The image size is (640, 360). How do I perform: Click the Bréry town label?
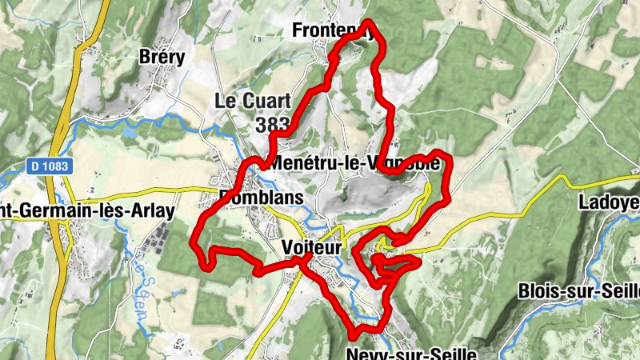click(x=162, y=57)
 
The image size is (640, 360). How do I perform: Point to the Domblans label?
click(x=262, y=198)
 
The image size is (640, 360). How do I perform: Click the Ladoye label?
click(x=609, y=203)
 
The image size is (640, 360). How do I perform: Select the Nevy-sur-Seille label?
click(x=413, y=353)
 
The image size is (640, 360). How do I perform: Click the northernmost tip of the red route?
click(x=369, y=22)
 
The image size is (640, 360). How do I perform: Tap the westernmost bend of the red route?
click(x=194, y=241)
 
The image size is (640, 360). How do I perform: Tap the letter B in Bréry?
click(x=144, y=57)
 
